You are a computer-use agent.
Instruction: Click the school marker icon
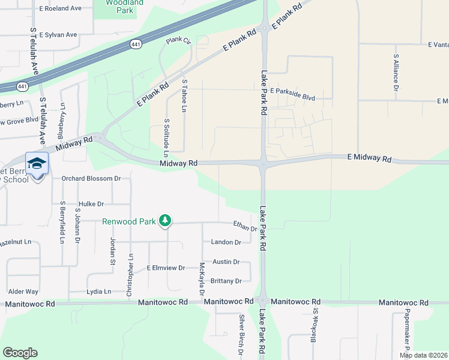click(x=37, y=164)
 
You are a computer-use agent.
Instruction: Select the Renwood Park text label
click(x=129, y=221)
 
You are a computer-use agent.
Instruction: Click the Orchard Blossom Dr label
click(x=91, y=178)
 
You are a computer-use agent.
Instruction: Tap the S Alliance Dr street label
click(x=396, y=71)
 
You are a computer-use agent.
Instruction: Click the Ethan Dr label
click(x=245, y=226)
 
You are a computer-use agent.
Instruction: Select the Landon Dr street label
click(x=226, y=242)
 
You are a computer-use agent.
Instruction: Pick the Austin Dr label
click(x=226, y=262)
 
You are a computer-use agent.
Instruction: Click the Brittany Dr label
click(x=226, y=281)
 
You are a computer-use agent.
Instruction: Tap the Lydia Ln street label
click(x=99, y=292)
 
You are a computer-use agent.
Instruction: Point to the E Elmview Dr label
click(x=166, y=268)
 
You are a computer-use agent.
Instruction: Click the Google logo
click(x=20, y=352)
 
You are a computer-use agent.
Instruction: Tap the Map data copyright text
click(x=423, y=355)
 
